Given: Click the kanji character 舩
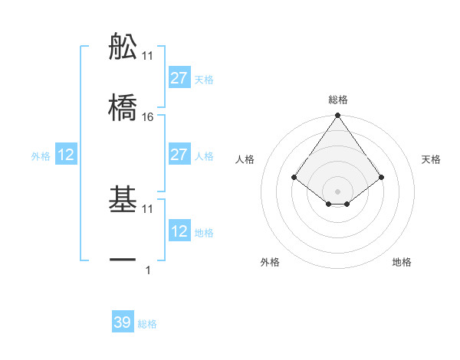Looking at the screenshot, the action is click(123, 47).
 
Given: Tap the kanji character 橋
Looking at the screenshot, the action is click(123, 106).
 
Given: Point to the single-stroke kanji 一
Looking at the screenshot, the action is click(123, 260).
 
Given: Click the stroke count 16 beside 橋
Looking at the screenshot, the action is click(148, 116).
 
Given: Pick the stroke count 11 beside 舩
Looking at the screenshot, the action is click(148, 56).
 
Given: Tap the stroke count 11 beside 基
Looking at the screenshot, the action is click(148, 208).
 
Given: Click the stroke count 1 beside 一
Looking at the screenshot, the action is click(148, 270).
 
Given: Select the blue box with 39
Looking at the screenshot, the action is click(123, 322).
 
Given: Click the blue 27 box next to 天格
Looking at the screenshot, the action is click(179, 78).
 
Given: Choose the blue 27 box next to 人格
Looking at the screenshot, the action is click(179, 155).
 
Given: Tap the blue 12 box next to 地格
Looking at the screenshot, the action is click(179, 231).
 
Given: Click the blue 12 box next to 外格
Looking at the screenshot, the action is click(66, 155).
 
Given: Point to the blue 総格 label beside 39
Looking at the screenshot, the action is click(147, 324).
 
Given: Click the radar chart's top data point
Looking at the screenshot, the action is click(337, 116).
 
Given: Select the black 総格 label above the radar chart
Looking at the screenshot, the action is click(337, 100).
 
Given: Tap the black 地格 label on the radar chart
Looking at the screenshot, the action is click(402, 262).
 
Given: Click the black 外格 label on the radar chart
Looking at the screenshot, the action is click(270, 262).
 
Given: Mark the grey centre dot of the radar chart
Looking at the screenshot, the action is click(337, 191).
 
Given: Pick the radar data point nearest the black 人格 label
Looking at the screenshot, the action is click(294, 177).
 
